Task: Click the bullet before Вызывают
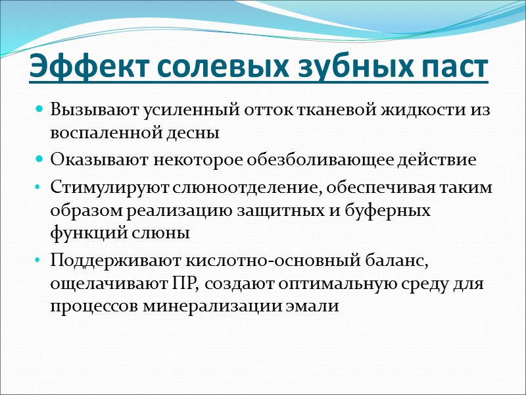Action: (x=39, y=109)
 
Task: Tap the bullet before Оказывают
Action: (x=39, y=160)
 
